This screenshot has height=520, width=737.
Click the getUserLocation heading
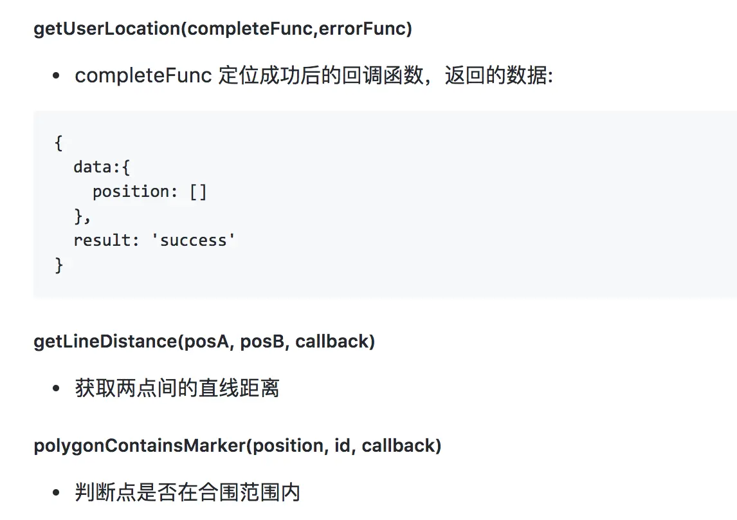click(223, 29)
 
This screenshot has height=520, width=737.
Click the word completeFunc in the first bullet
click(143, 76)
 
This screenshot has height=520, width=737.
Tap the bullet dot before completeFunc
click(57, 77)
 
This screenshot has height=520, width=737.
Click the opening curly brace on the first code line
click(59, 142)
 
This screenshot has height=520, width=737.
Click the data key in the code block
click(92, 167)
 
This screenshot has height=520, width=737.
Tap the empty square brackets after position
click(199, 191)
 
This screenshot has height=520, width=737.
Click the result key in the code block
click(102, 240)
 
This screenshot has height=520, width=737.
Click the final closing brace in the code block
click(59, 265)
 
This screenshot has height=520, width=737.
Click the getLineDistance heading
click(204, 341)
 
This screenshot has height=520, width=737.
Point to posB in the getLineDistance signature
click(262, 341)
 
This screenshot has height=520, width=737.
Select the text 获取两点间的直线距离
click(177, 389)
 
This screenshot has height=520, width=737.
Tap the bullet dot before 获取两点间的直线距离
click(57, 389)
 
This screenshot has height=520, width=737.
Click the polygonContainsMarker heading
click(237, 445)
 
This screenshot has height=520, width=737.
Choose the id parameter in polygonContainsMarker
click(341, 445)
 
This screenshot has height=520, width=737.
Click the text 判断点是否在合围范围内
click(187, 493)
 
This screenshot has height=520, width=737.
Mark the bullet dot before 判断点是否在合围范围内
click(57, 494)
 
